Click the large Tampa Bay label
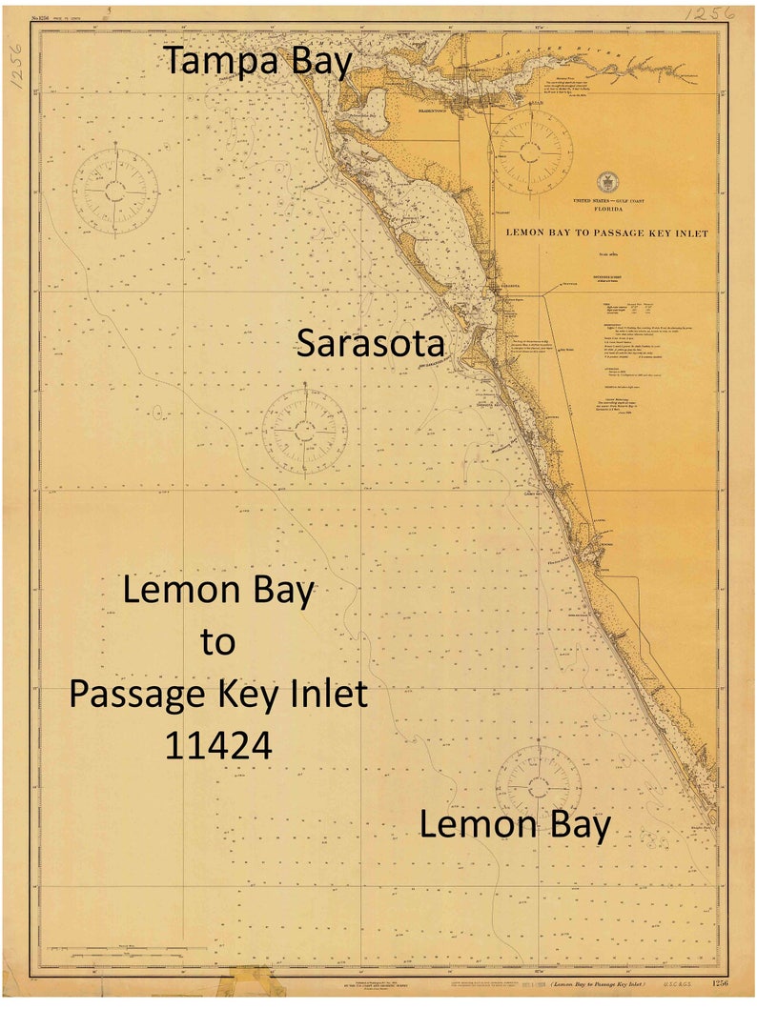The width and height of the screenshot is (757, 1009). pos(260,63)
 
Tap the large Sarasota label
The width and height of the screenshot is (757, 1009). pos(371,343)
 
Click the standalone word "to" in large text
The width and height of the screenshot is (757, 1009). pos(218,642)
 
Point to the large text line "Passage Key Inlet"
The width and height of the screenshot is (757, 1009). pos(218,694)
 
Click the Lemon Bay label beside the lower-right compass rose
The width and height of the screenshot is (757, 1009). pos(515,824)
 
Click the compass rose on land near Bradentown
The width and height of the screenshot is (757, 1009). pos(531,151)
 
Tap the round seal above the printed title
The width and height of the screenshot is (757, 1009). pos(606,182)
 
